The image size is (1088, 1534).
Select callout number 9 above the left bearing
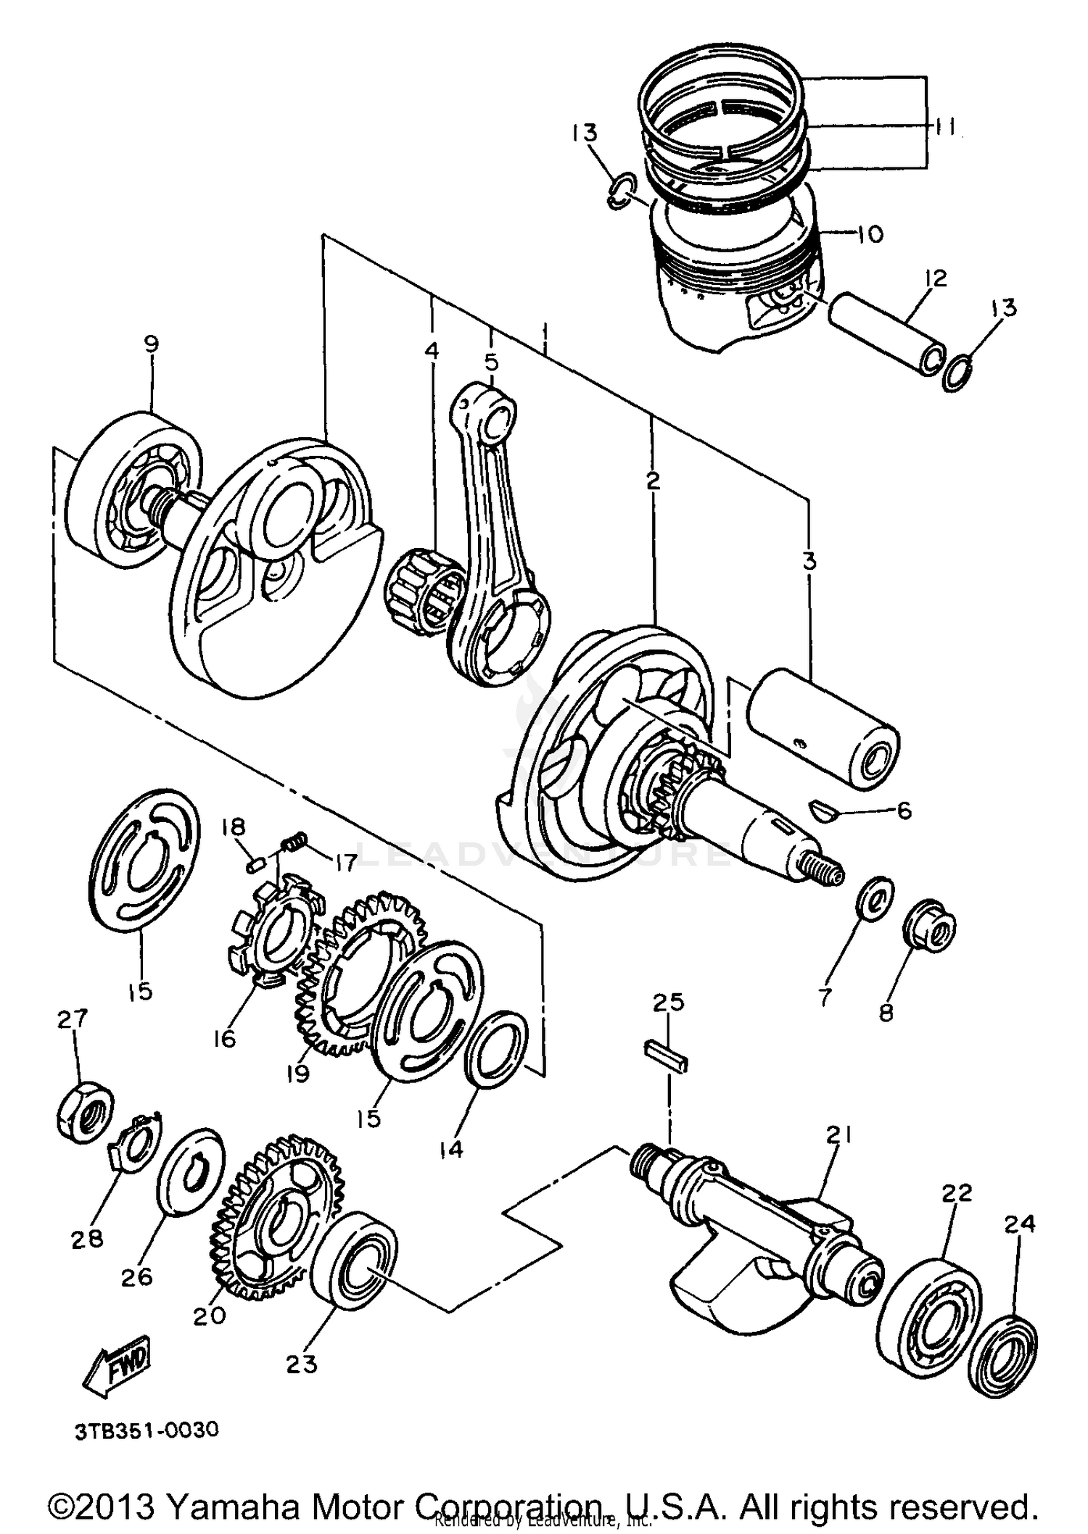151,344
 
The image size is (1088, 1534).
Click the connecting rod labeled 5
496,536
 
